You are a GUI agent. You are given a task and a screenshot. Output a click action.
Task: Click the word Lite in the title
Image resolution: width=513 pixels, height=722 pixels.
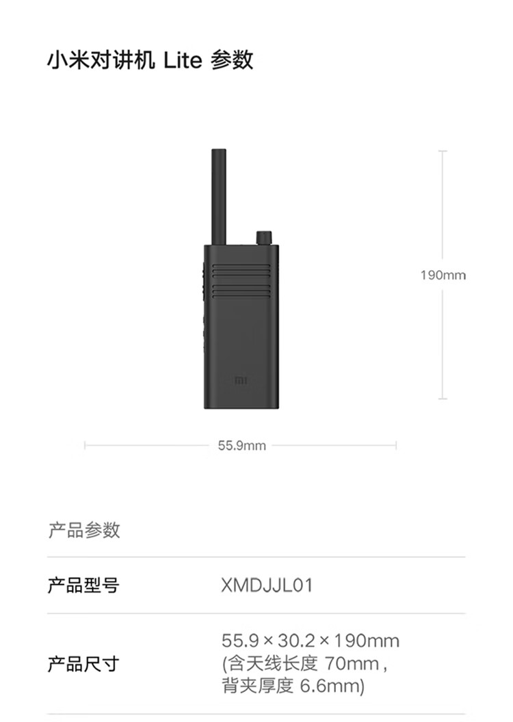183,61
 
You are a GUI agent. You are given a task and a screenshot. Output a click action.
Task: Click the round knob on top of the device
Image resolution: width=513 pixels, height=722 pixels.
263,237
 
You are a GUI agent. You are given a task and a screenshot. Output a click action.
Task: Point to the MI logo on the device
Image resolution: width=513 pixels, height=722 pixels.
241,379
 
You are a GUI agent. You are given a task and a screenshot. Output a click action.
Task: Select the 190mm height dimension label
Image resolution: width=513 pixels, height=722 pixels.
443,276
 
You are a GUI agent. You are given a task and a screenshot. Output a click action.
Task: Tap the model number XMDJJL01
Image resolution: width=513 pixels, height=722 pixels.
267,586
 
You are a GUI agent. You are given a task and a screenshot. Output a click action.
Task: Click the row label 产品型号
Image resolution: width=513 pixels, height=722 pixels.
83,586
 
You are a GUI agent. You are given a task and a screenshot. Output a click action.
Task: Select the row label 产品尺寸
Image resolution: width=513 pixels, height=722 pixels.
83,663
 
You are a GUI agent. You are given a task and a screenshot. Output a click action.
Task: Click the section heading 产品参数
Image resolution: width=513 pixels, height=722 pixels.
84,530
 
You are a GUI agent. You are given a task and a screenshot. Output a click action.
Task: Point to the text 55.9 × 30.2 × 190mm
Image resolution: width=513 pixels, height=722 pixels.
311,641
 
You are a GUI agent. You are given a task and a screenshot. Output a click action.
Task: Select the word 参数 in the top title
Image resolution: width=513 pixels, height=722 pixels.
233,61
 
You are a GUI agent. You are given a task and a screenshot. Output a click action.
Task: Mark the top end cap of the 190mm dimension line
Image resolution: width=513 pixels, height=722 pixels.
443,151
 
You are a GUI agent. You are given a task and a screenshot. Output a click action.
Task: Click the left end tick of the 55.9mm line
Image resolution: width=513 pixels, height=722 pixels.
85,446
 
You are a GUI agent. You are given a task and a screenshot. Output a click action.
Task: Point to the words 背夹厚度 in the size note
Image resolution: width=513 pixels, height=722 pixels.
259,686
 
